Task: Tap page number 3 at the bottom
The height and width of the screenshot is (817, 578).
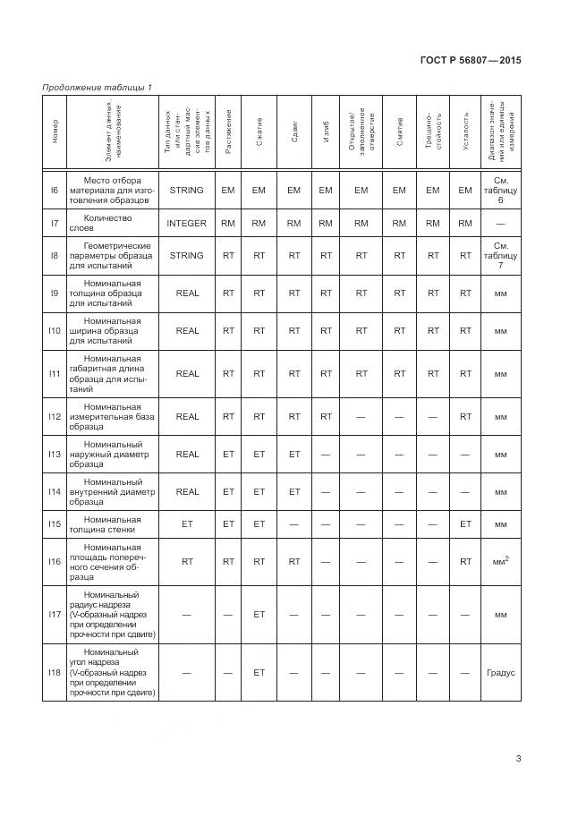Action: (x=519, y=761)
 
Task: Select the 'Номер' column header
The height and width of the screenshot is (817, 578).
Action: (x=55, y=132)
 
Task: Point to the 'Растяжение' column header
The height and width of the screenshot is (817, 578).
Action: (x=228, y=132)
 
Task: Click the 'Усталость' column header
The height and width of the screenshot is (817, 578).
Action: (x=465, y=132)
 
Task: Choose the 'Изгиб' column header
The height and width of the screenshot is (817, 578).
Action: (x=326, y=132)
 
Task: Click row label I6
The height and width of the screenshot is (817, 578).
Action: (x=55, y=190)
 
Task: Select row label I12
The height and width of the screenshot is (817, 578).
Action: (x=55, y=416)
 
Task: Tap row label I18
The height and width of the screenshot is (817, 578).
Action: (x=55, y=672)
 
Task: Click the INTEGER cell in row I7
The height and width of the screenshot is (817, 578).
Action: (x=187, y=223)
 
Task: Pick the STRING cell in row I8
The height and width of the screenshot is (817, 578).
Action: (x=187, y=255)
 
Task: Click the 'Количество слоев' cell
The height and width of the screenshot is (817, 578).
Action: (x=107, y=223)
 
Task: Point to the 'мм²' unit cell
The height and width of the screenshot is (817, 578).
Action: (x=501, y=562)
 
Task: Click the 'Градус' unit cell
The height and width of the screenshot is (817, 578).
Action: (x=501, y=672)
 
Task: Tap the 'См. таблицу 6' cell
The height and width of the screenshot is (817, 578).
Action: (x=501, y=190)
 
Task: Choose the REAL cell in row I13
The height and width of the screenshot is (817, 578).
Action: (x=187, y=454)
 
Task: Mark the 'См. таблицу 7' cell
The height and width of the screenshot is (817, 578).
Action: (x=501, y=255)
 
